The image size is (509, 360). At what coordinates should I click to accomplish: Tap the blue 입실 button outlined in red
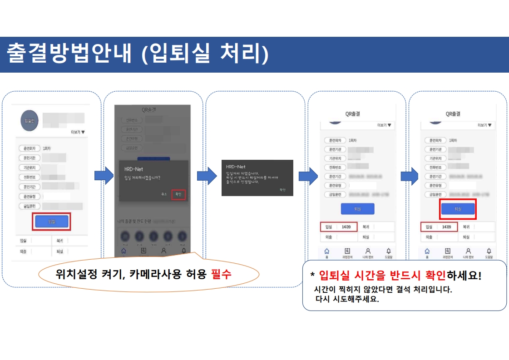pos(51,222)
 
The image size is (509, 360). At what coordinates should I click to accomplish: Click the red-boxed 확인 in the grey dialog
pos(178,194)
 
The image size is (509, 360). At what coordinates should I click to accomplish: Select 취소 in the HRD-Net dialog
pos(164,194)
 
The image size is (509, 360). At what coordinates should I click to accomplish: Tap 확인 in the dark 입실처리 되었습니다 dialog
pos(282,190)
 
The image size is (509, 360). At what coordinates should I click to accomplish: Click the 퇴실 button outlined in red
pos(457,209)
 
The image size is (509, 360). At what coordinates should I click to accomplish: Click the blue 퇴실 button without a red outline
pos(357,209)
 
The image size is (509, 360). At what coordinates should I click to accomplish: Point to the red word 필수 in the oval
pos(221,274)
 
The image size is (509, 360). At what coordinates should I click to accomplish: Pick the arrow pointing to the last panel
pos(410,176)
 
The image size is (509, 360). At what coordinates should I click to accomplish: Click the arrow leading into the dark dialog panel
pos(207,176)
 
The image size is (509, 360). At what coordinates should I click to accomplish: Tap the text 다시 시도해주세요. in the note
pos(347,299)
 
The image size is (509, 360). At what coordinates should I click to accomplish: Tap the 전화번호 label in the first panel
pos(30,177)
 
